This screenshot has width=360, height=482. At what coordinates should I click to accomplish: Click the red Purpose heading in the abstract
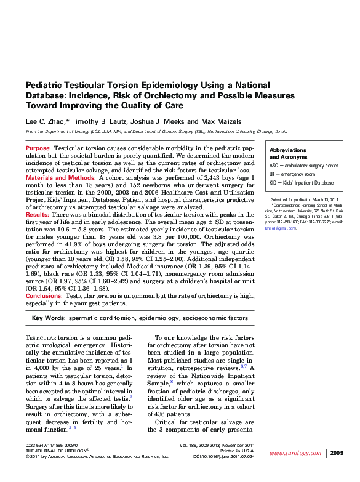pyautogui.click(x=38, y=149)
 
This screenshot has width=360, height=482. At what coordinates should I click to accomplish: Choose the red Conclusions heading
pyautogui.click(x=44, y=296)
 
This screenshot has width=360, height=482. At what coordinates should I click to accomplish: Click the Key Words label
pyautogui.click(x=48, y=318)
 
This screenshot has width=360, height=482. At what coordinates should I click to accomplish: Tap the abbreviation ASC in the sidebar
pyautogui.click(x=274, y=166)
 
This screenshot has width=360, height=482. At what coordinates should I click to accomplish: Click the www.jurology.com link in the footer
pyautogui.click(x=292, y=453)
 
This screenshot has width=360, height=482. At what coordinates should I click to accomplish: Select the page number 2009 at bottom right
pyautogui.click(x=337, y=453)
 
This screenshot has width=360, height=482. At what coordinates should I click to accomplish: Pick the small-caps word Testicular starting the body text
pyautogui.click(x=41, y=338)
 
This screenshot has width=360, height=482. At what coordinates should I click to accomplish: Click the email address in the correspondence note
pyautogui.click(x=279, y=228)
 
